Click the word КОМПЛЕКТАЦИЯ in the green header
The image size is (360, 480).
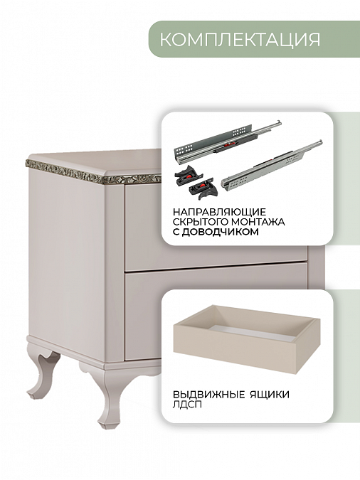[x=240, y=39]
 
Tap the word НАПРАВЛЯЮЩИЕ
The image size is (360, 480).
[x=219, y=212]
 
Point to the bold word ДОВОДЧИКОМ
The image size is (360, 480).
[x=220, y=232]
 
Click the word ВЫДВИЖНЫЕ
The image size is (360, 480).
[x=209, y=394]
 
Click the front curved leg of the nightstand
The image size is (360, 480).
[x=109, y=398]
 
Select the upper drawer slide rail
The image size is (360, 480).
[x=227, y=141]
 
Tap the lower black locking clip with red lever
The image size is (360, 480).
[x=203, y=188]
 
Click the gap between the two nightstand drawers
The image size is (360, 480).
[x=214, y=267]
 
